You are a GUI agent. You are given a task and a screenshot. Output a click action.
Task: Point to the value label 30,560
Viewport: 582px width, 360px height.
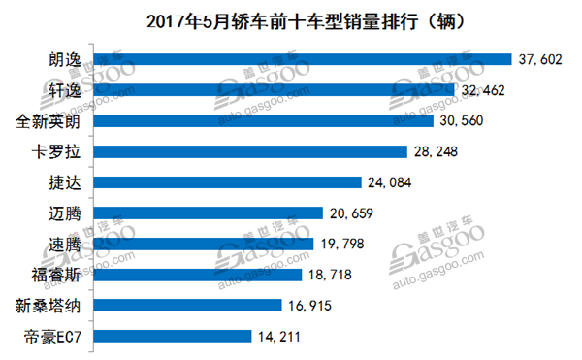(468, 121)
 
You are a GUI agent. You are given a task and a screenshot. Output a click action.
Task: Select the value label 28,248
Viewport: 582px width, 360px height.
(435, 151)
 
